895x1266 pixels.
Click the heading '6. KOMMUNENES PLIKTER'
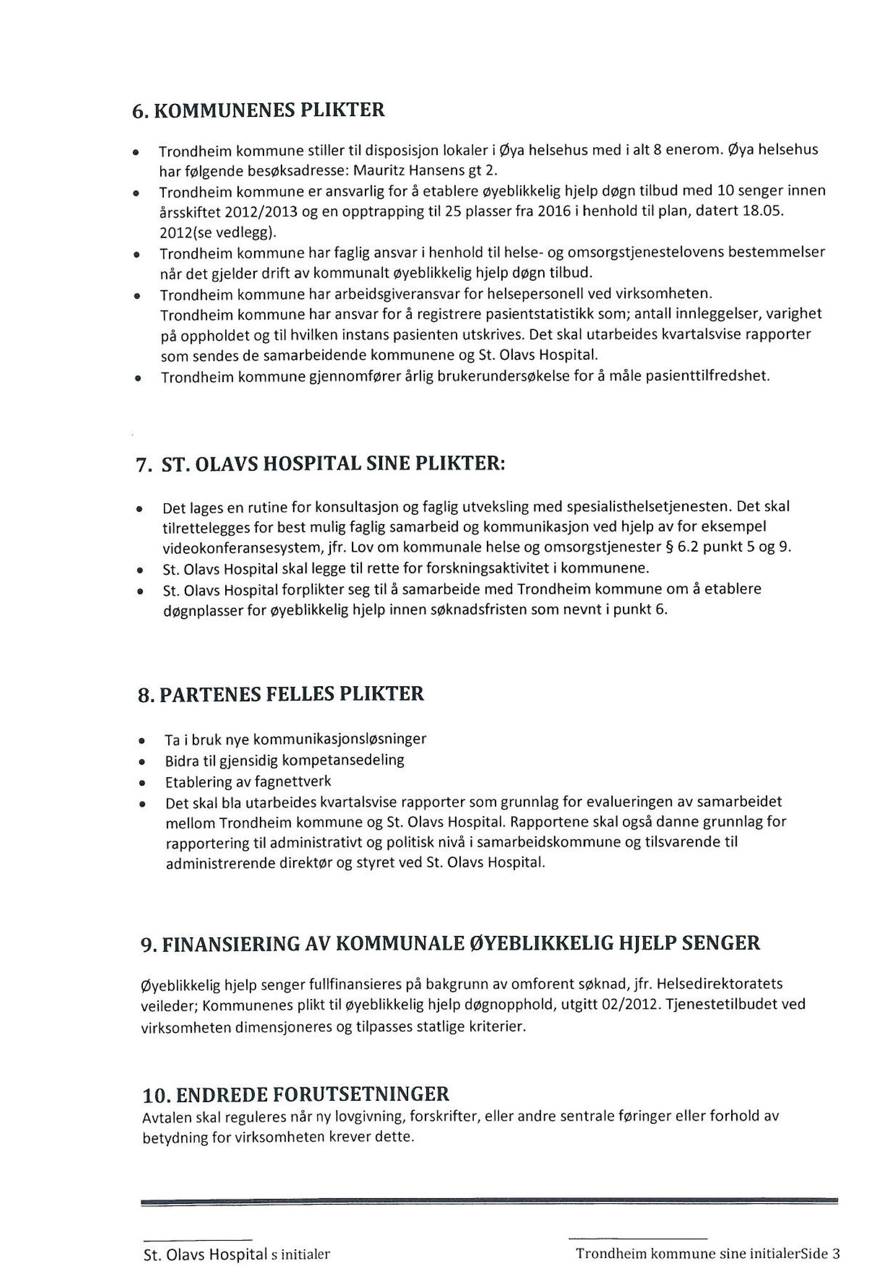pyautogui.click(x=259, y=111)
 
